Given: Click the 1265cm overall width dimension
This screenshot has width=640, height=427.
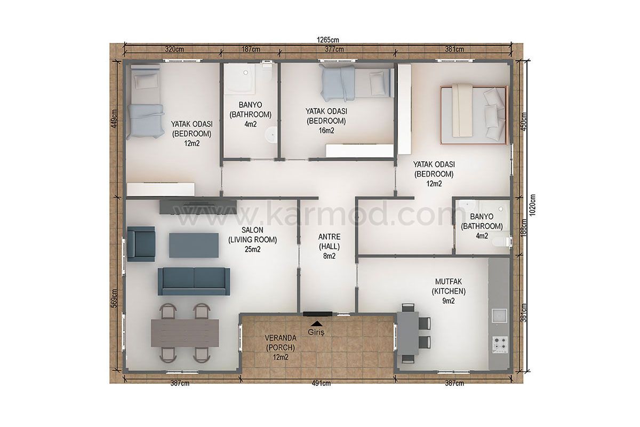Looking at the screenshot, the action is coord(327,39).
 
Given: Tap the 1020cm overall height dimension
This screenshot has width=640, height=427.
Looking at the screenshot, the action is coord(532,205).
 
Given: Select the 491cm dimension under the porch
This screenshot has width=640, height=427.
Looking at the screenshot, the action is coord(321,383).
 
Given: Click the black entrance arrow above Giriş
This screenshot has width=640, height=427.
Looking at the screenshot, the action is coord(317,323).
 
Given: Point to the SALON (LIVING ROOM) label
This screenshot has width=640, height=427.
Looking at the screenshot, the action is coord(252,239).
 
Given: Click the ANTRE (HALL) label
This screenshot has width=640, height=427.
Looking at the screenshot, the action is coord(329,246).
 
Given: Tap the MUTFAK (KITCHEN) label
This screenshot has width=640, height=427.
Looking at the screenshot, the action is coord(449,291).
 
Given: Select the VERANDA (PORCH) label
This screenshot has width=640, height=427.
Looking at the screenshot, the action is coord(281,347).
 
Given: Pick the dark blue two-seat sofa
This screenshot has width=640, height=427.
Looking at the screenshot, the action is coord(194,281).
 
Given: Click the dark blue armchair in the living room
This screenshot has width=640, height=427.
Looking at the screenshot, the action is coord(141,244).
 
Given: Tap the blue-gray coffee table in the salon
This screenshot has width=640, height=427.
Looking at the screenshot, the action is coord(194,245).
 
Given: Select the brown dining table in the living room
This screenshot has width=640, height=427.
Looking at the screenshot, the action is coord(185,333).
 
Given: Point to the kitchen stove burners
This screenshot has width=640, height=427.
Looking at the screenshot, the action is coord(500,344).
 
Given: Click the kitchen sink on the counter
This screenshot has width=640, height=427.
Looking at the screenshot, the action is coord(499,316).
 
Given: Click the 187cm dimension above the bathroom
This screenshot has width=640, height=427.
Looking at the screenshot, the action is coord(251,49).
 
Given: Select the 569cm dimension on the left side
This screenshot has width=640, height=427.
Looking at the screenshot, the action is coord(114,298).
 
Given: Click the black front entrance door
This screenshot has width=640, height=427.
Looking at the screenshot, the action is coord(317,314).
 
